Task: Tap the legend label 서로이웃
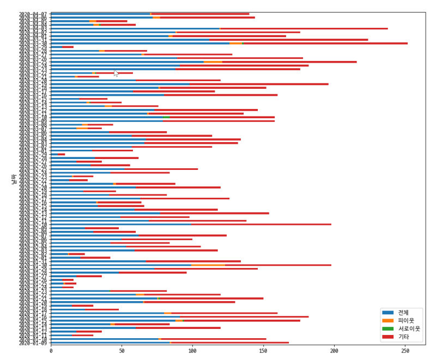tap(409, 328)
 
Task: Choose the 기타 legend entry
tap(403, 337)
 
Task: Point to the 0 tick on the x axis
tap(51, 351)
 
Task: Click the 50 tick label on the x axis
tap(122, 351)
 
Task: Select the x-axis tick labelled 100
tap(192, 351)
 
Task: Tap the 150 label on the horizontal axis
tap(263, 351)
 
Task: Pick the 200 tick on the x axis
tap(334, 351)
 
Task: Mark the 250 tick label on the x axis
tap(405, 351)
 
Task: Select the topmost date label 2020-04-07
tap(33, 14)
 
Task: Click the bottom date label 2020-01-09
tap(33, 343)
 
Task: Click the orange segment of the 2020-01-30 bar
tap(208, 265)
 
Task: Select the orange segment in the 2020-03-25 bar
tap(213, 62)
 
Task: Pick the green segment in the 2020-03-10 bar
tap(166, 117)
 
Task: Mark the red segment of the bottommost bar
tap(229, 343)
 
